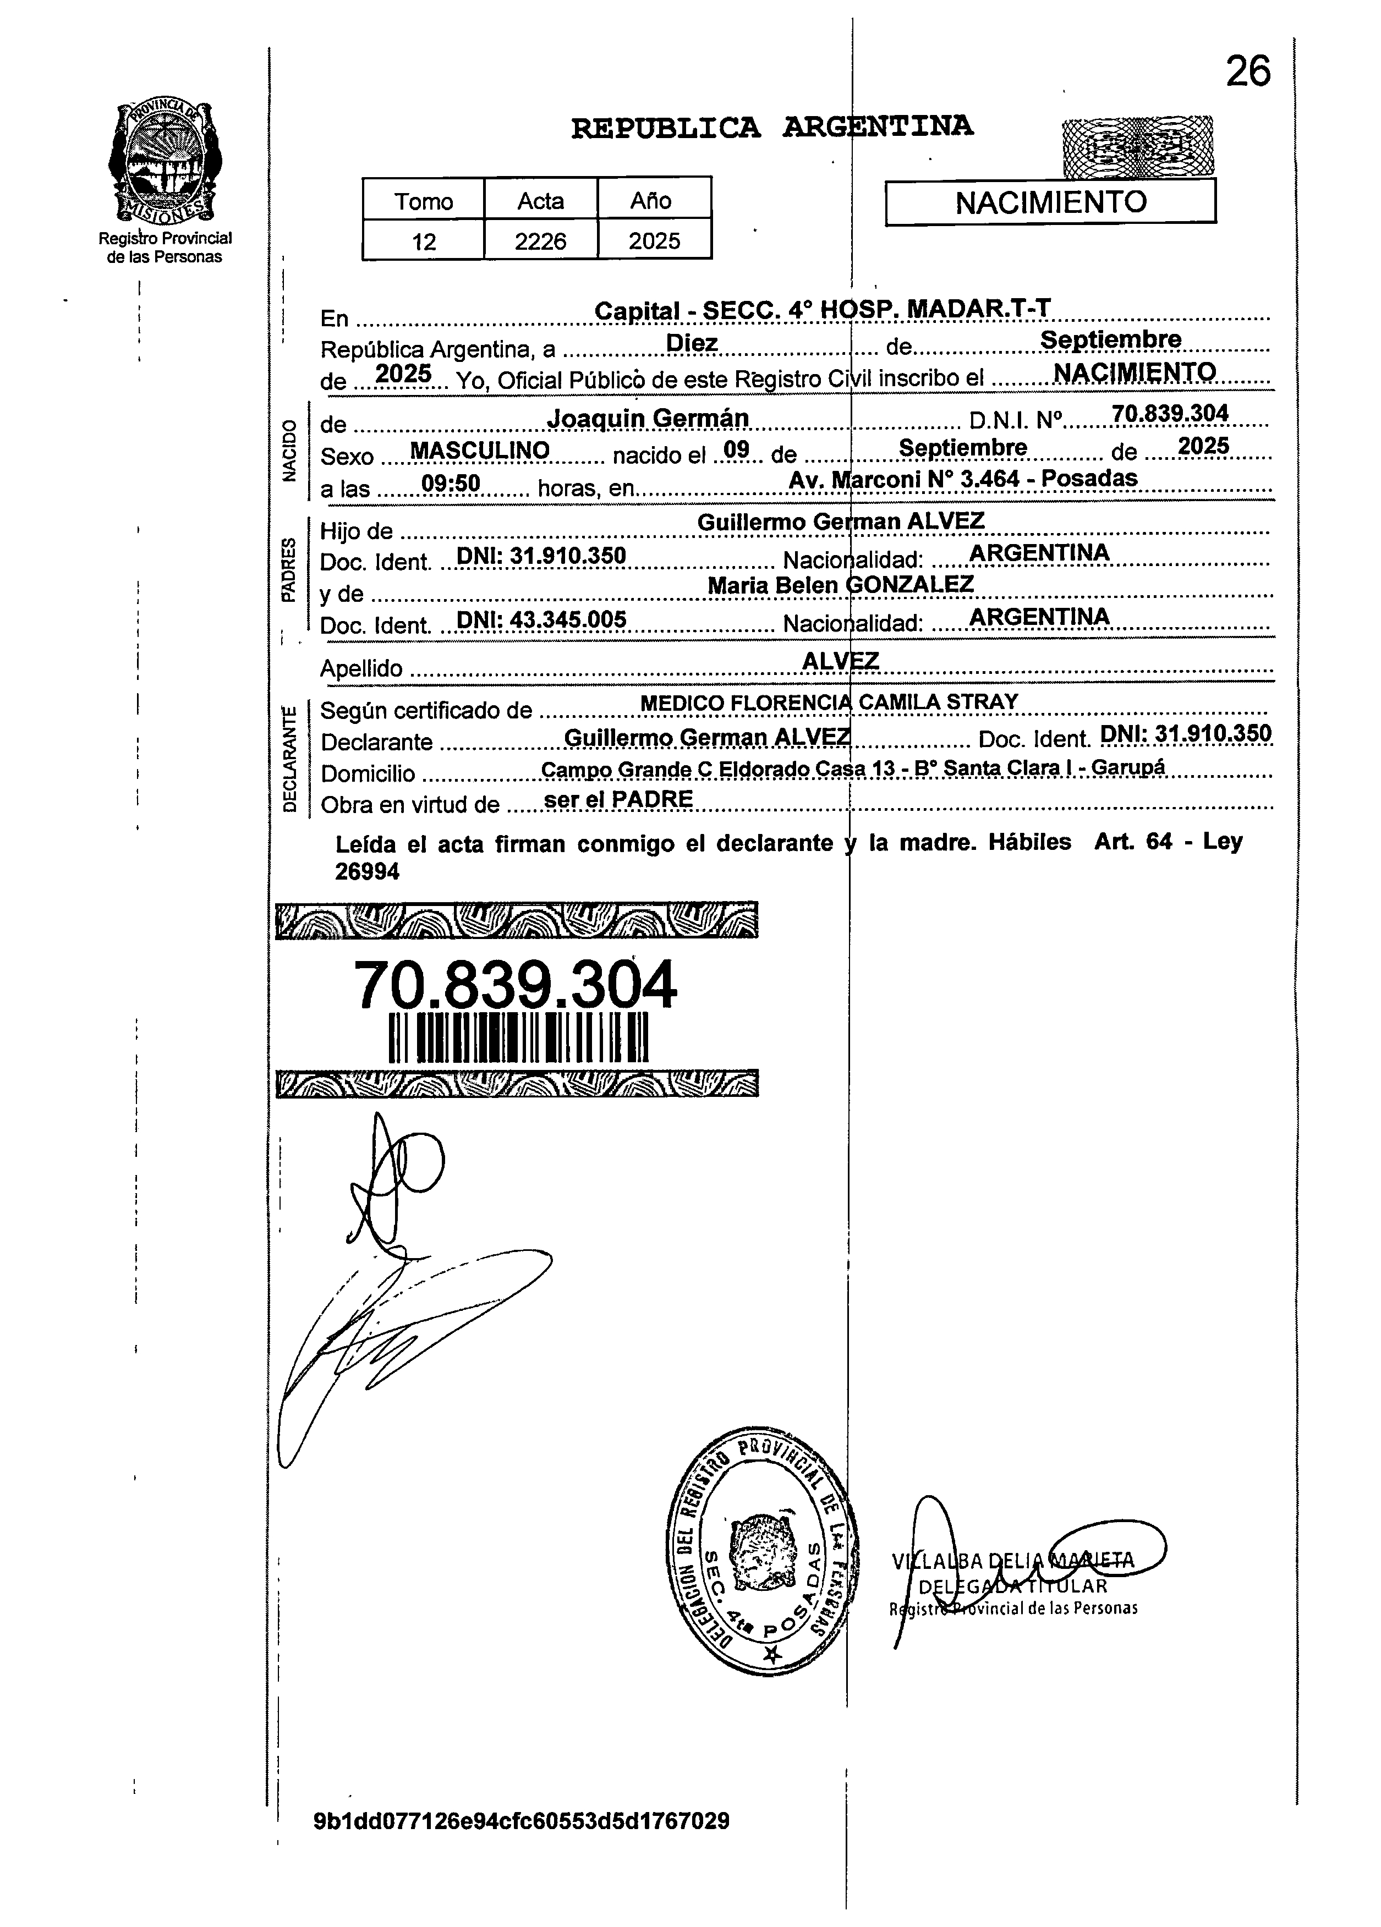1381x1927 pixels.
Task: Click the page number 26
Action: tap(1247, 72)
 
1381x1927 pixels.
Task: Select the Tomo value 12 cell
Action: tap(423, 241)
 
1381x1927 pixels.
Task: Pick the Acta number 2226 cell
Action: tap(540, 241)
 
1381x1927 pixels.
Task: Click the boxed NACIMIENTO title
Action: tap(1050, 203)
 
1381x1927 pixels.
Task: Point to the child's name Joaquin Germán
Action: tap(648, 418)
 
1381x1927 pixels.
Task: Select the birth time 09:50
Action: tap(451, 484)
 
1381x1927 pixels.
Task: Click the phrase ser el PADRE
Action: tap(618, 799)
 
